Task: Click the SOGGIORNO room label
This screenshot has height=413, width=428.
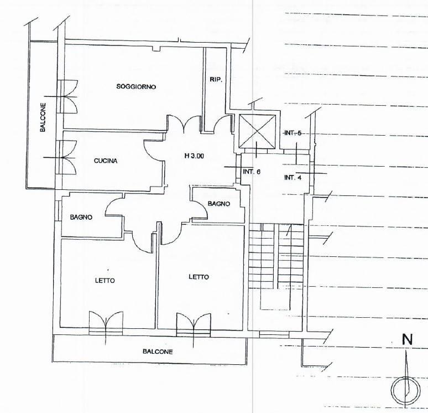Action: (x=136, y=87)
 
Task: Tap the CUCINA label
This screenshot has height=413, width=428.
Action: (x=106, y=161)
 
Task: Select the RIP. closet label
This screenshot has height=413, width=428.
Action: (x=216, y=80)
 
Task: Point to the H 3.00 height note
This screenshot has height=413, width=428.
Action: (x=194, y=156)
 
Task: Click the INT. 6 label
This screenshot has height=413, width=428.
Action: (x=252, y=172)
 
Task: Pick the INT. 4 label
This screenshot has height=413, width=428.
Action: (x=293, y=178)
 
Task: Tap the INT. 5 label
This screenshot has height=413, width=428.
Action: (x=293, y=133)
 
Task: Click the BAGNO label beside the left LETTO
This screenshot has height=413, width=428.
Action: (x=81, y=218)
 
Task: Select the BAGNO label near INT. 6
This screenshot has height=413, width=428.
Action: (x=218, y=204)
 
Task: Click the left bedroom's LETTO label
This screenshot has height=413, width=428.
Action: (x=105, y=281)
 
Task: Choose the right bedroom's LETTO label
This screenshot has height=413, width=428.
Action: (x=199, y=277)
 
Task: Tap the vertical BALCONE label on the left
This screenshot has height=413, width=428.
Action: (x=43, y=117)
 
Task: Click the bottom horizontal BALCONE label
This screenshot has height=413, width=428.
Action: (x=158, y=352)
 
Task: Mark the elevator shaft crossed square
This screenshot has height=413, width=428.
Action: (x=257, y=132)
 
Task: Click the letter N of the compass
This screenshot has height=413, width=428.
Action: (x=407, y=340)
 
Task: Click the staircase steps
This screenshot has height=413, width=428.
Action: (x=276, y=256)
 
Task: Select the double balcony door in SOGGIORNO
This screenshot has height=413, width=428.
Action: (x=67, y=97)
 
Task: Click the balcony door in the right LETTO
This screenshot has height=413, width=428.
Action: (x=194, y=325)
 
